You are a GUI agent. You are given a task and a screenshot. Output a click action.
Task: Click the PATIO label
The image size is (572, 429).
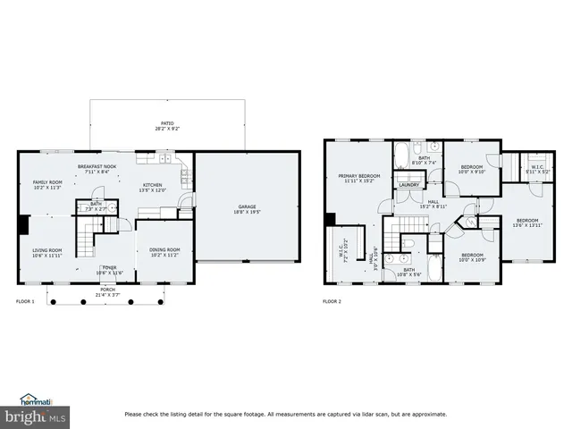[167, 124]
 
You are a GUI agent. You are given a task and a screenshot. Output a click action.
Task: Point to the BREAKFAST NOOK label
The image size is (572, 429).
[97, 167]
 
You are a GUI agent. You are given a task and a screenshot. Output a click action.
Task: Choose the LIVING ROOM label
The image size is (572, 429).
[47, 250]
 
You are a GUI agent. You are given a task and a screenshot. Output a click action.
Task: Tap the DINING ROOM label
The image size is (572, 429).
[164, 250]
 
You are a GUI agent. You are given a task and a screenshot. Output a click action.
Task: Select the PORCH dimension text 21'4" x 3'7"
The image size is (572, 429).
[108, 294]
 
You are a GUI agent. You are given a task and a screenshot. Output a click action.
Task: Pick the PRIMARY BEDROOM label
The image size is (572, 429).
[359, 176]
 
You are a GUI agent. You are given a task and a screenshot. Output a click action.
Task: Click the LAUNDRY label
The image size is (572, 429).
[409, 185]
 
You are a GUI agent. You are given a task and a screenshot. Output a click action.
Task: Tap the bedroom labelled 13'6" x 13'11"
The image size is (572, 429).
[527, 221]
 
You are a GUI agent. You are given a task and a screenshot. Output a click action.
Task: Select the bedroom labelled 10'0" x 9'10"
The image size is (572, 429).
[472, 168]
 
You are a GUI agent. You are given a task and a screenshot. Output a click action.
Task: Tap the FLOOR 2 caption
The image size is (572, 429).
[332, 302]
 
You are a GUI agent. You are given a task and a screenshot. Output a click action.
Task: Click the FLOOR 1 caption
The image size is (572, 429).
[25, 302]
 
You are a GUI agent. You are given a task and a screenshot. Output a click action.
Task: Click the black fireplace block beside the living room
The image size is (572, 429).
[22, 224]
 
